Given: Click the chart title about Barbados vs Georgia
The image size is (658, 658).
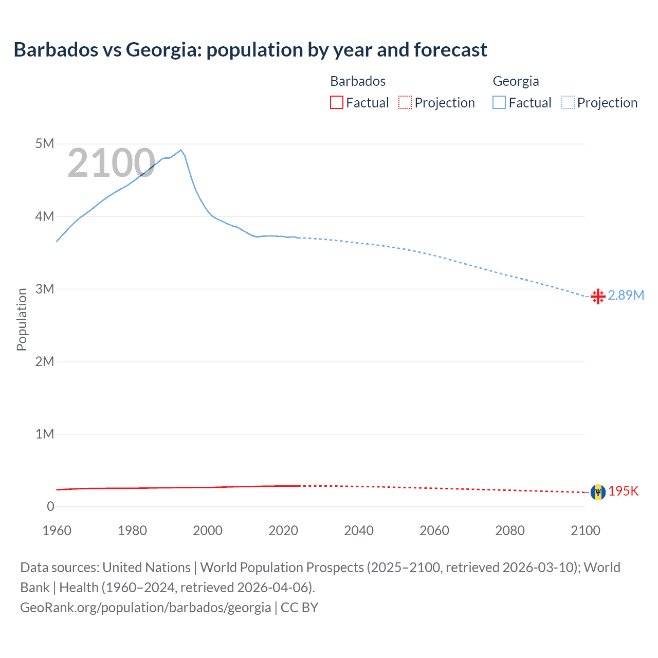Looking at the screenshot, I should coord(250,50).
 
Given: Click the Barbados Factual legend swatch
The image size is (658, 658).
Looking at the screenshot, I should coord(336,102).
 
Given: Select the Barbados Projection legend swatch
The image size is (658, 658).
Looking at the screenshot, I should coord(405,102).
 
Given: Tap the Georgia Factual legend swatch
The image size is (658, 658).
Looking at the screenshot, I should coord(499,102).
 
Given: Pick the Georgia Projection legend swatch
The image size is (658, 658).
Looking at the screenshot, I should coord(568,102).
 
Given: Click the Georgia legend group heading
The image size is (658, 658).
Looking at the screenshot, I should coord(516,81).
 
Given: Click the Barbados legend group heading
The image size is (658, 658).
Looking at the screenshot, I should coord(358,81).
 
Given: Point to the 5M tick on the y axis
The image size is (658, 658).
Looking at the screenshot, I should coord(45,143).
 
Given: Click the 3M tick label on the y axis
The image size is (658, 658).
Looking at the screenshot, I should coord(45,289).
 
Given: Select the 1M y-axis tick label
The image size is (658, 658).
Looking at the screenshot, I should coord(45,434).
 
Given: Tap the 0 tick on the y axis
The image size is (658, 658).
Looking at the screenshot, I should coord(50,506).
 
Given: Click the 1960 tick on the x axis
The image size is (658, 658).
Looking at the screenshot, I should coord(57,531).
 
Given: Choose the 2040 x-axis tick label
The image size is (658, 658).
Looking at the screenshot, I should coord(359,531).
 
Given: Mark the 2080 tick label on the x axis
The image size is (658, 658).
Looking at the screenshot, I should coord(510,531).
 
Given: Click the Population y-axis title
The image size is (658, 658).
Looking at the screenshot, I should coord(22,319).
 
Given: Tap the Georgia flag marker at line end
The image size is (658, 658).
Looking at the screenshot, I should coord(598,297).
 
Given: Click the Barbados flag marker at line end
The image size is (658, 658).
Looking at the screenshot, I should coord(598,492).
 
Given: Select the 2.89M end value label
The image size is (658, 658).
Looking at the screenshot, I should coord(626,295).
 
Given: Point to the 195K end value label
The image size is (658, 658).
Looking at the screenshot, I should coord(623,491).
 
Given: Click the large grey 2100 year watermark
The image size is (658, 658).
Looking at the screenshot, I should coord(111,163).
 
